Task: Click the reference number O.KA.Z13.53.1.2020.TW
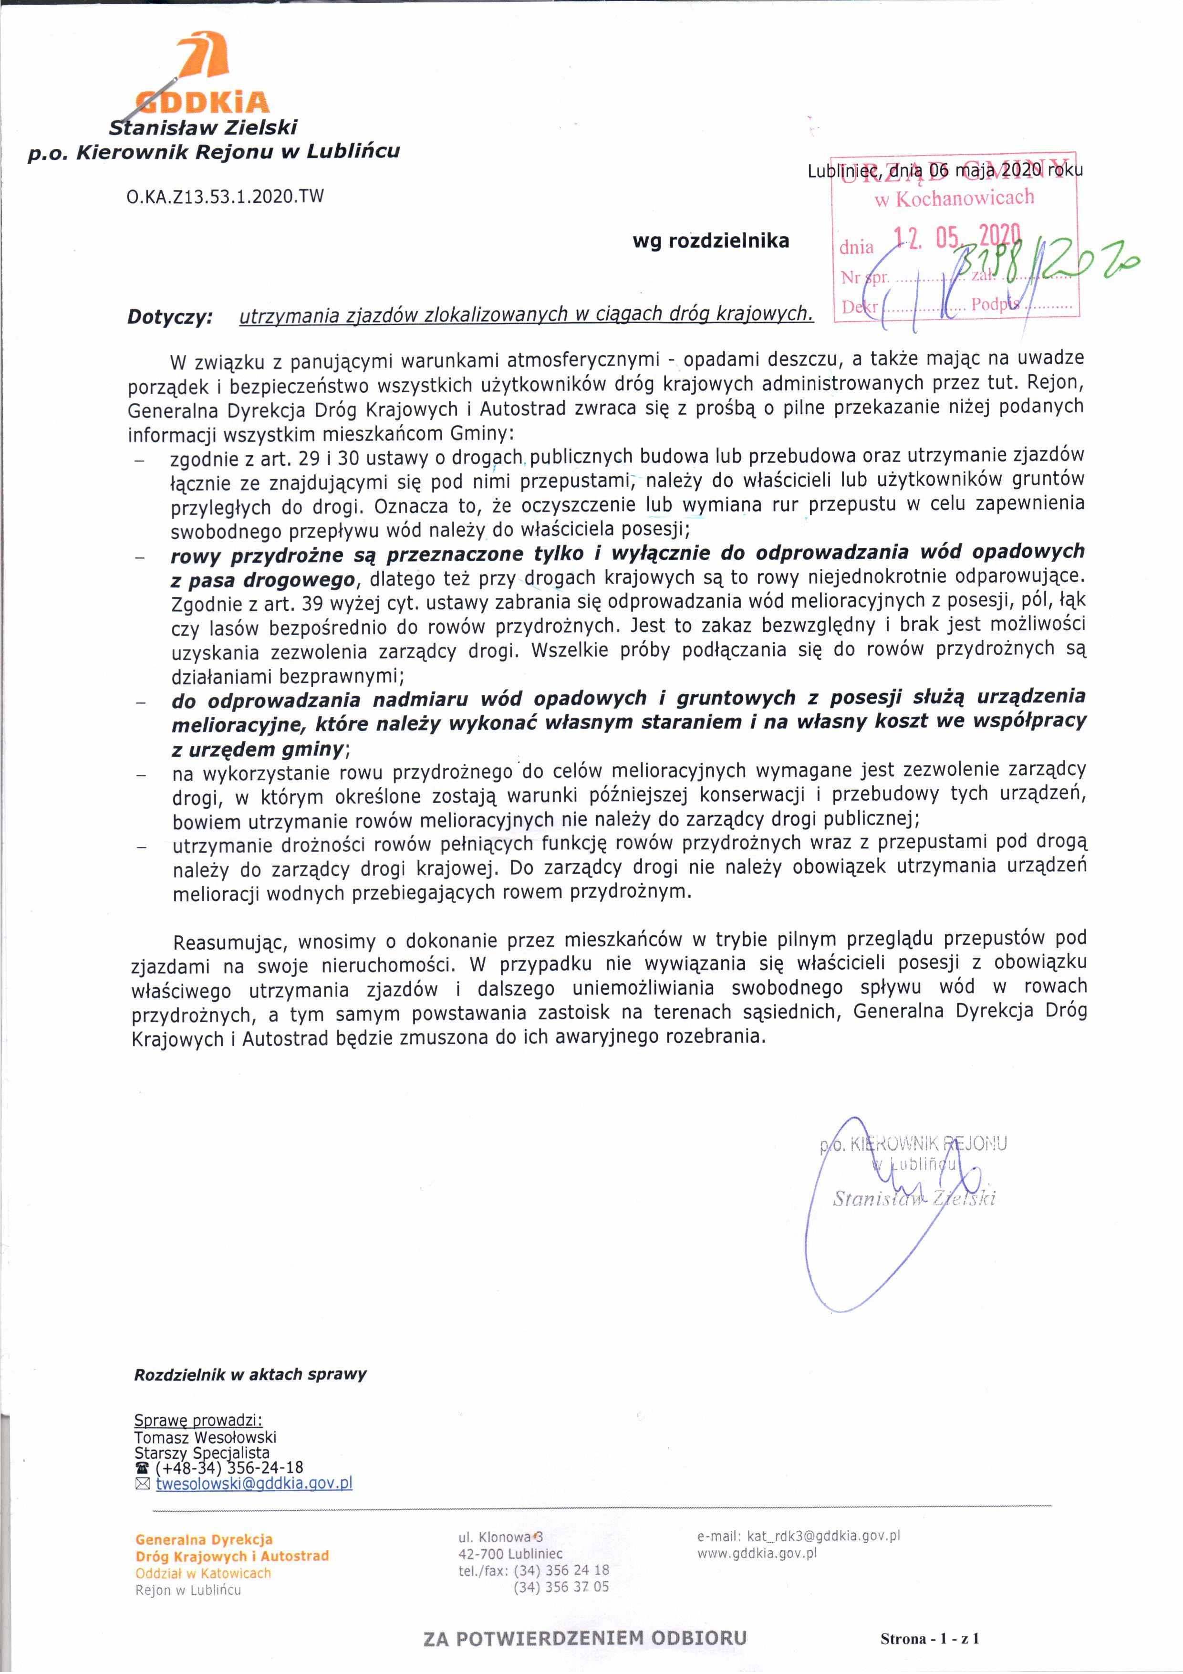(225, 196)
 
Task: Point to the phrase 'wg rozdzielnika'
(711, 241)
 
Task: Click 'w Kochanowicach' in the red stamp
(954, 198)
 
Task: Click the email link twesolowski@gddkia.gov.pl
(254, 1483)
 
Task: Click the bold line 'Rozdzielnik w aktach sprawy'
(250, 1374)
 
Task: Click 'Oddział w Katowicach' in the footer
(203, 1573)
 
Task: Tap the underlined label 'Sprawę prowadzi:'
(198, 1420)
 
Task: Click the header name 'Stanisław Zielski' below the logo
(203, 127)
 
